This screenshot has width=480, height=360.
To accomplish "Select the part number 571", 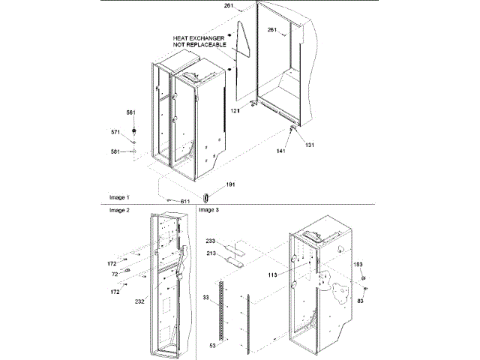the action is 115,132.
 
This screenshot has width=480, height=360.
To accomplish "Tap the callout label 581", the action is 115,152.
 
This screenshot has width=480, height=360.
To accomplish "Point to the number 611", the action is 185,201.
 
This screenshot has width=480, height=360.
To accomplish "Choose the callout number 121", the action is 235,110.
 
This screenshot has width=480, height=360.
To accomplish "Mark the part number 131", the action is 310,144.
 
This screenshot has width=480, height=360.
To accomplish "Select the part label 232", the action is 139,301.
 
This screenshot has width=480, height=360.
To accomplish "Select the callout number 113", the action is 271,275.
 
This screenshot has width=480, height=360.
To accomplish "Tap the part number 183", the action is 358,265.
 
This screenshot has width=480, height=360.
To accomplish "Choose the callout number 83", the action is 360,301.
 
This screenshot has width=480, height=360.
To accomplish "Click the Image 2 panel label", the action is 119,211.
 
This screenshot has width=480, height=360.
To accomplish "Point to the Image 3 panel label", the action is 209,211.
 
